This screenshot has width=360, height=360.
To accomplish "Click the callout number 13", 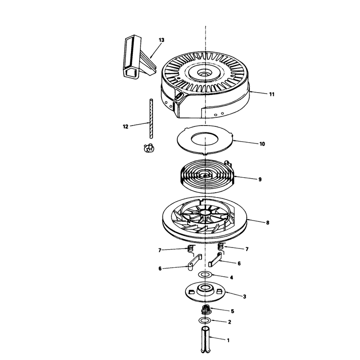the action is click(162, 40).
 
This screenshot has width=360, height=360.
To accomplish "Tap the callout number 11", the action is click(272, 94).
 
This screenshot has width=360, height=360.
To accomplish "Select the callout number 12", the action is click(126, 126).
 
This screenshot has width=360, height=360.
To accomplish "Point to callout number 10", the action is click(262, 144).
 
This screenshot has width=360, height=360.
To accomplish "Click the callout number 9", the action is click(260, 179).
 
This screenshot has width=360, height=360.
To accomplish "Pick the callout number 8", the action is click(267, 222).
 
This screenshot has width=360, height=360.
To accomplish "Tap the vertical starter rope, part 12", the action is click(151, 118).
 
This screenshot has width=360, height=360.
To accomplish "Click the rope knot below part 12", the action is click(149, 148).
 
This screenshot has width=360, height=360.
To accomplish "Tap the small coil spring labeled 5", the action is click(206, 310).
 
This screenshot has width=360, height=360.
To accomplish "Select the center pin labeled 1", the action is click(206, 340).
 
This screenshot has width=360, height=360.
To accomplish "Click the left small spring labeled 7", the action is click(190, 248).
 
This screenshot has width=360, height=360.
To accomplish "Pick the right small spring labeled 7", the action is click(220, 246).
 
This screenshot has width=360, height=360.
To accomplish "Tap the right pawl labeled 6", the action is click(215, 260).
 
